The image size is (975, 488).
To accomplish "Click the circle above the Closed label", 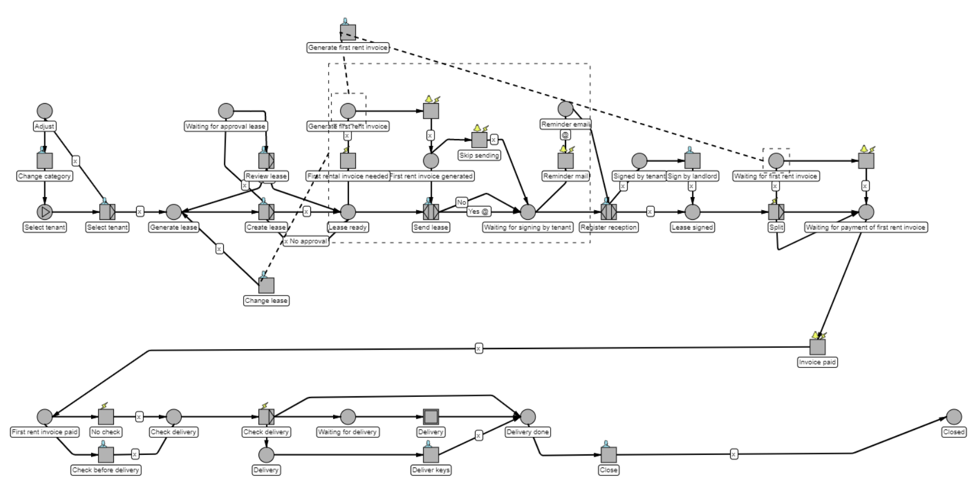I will click(x=953, y=417).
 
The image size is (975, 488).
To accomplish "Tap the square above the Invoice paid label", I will click(x=817, y=347).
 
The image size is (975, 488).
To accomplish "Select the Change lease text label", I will click(x=266, y=301).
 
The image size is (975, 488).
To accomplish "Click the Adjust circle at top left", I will click(x=44, y=111).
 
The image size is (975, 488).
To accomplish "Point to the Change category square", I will click(x=44, y=161).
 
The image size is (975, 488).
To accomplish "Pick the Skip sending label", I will click(x=479, y=155).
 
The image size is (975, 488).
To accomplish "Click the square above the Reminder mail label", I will click(x=566, y=161).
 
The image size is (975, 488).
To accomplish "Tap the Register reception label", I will click(x=609, y=227).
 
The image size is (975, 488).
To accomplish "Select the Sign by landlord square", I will click(x=692, y=161).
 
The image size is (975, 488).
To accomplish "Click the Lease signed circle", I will click(x=692, y=212).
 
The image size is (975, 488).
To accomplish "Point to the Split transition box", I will click(x=776, y=212).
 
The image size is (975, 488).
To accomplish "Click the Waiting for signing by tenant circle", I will click(x=528, y=212).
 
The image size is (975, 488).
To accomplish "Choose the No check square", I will click(x=106, y=417).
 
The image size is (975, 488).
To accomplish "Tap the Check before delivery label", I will click(x=106, y=470).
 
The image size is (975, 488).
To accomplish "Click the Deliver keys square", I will click(x=431, y=455).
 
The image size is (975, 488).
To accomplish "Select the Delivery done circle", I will click(x=528, y=417).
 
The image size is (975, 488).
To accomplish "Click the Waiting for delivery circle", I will click(x=347, y=417).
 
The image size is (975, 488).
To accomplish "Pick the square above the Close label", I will click(x=609, y=455).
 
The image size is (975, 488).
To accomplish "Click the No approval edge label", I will click(x=306, y=241).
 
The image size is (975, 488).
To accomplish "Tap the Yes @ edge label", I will click(x=478, y=212).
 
